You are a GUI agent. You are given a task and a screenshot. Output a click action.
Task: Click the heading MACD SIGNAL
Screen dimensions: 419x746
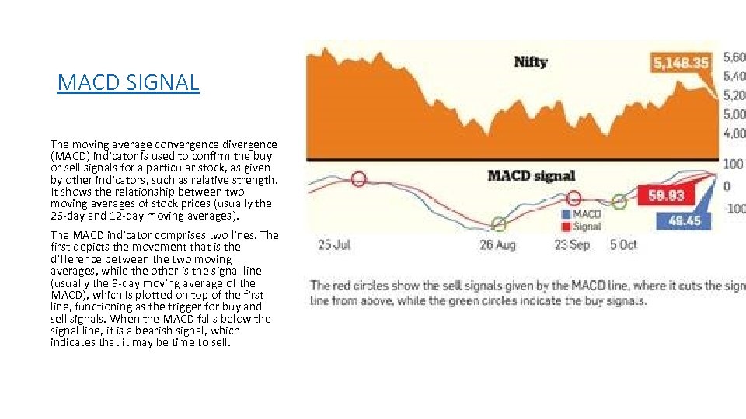point(128,82)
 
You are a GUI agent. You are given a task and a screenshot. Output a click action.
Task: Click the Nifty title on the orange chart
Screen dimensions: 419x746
point(531,62)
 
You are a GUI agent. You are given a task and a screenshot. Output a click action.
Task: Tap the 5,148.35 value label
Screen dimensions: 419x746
point(681,62)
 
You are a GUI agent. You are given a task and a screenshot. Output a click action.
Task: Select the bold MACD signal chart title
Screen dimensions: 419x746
point(532,175)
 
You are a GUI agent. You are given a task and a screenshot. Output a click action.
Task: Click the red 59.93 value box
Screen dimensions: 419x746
point(666,196)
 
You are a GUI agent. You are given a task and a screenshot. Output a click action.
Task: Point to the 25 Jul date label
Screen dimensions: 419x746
point(334,244)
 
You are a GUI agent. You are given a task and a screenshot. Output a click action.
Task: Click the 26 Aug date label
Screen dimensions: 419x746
point(497,244)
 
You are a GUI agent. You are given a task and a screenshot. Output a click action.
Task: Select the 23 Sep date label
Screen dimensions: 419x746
point(573,244)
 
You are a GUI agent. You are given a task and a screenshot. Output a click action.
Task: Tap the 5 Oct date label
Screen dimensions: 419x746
point(623,244)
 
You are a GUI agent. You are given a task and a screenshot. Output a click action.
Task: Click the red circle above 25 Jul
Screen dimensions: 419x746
point(358,179)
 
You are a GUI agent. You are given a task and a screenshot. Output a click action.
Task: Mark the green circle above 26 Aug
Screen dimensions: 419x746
point(499,224)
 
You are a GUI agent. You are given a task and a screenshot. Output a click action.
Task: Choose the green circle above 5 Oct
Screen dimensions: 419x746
point(619,203)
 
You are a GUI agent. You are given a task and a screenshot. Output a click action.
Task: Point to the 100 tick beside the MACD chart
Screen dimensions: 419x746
point(732,164)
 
